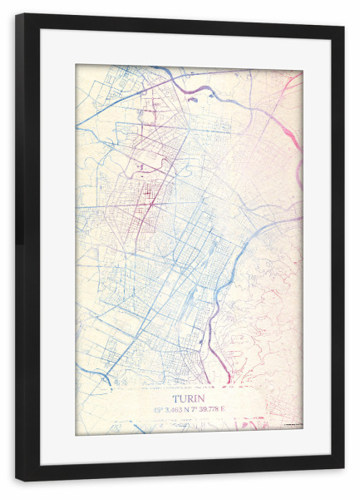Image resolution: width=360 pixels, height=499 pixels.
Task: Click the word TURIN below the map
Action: click(x=188, y=397)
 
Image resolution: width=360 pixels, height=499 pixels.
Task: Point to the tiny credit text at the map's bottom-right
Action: click(x=292, y=426)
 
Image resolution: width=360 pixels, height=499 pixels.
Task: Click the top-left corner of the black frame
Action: click(x=17, y=16)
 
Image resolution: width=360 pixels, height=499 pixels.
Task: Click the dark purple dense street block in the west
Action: click(x=149, y=196)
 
